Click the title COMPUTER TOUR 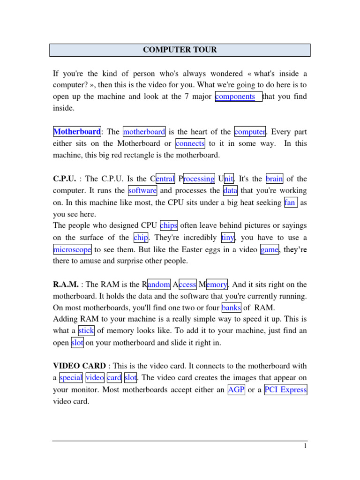click(x=180, y=50)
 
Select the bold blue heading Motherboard click(x=77, y=132)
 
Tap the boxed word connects click(x=190, y=143)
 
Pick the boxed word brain click(x=274, y=179)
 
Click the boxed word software click(x=142, y=191)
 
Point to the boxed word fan click(x=290, y=203)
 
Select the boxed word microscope click(x=72, y=250)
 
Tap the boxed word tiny click(x=228, y=238)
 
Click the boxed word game click(x=270, y=250)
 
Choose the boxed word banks click(x=232, y=308)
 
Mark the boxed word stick click(x=86, y=331)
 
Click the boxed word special click(x=71, y=378)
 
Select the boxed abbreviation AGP click(x=236, y=390)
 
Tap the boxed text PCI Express click(x=285, y=390)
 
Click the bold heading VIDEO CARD click(x=79, y=366)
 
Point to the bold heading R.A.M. click(x=65, y=285)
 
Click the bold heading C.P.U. click(x=64, y=179)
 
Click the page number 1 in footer click(x=305, y=447)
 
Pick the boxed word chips click(x=169, y=225)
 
